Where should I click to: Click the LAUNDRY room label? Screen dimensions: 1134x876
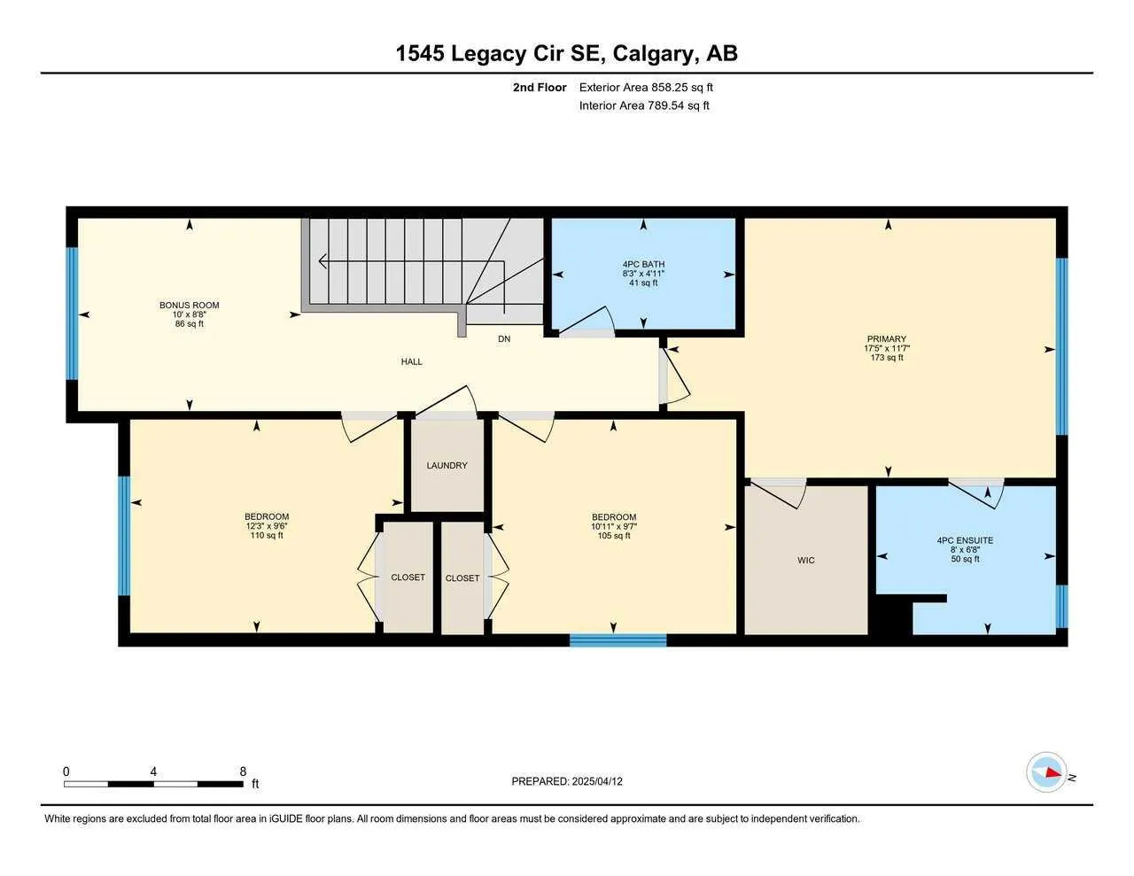[x=447, y=465]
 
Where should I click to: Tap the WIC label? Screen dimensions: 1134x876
[x=805, y=561]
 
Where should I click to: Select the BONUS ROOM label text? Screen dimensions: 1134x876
[x=190, y=306]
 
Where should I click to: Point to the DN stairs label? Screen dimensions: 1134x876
[x=504, y=339]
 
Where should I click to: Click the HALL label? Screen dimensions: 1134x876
[x=412, y=361]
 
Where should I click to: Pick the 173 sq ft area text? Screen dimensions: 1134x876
[x=887, y=357]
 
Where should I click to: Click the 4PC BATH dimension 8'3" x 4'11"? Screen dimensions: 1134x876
[x=643, y=274]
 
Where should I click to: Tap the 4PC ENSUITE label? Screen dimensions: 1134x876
[x=965, y=540]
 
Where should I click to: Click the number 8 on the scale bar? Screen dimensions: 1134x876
[x=243, y=771]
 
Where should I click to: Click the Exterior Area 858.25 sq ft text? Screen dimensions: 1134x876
[x=646, y=88]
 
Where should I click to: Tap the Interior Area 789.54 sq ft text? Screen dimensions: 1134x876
[x=644, y=106]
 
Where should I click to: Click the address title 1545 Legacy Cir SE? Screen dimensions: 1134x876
[x=501, y=54]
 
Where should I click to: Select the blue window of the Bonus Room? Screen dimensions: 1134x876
[x=72, y=314]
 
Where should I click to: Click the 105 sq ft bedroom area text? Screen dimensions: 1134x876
[x=614, y=536]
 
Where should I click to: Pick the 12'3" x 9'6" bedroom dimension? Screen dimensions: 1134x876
[x=267, y=526]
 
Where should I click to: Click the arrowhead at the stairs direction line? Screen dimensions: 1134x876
[x=322, y=261]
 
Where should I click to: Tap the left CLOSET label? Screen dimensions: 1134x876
[x=408, y=578]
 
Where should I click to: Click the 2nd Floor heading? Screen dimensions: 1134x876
[x=540, y=88]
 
